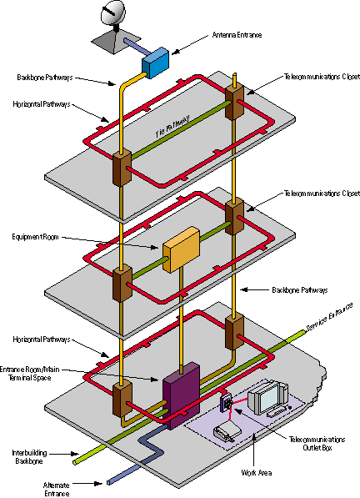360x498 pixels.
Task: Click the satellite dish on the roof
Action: (113, 13)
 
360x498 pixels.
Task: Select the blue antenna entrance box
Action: (155, 63)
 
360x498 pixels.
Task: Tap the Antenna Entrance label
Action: (237, 35)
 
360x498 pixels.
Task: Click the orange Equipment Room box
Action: (181, 249)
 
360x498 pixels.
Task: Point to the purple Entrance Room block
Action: (181, 395)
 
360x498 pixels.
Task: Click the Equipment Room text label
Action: (35, 237)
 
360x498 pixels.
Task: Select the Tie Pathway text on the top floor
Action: (173, 126)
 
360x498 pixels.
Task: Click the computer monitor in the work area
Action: (268, 398)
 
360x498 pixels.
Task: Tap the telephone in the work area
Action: (227, 430)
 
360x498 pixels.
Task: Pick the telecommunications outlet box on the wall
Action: (226, 403)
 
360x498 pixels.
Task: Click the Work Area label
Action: (257, 473)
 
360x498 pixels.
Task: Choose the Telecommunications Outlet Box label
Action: (317, 444)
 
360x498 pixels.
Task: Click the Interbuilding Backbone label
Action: (29, 457)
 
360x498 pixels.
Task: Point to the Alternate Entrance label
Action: (56, 489)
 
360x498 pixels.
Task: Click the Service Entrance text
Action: (329, 318)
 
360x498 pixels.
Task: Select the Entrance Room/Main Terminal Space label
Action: (29, 374)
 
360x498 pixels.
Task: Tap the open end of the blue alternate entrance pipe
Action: (109, 482)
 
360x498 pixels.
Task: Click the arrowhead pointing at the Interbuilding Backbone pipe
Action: (75, 454)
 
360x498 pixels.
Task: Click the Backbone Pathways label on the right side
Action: (300, 290)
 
